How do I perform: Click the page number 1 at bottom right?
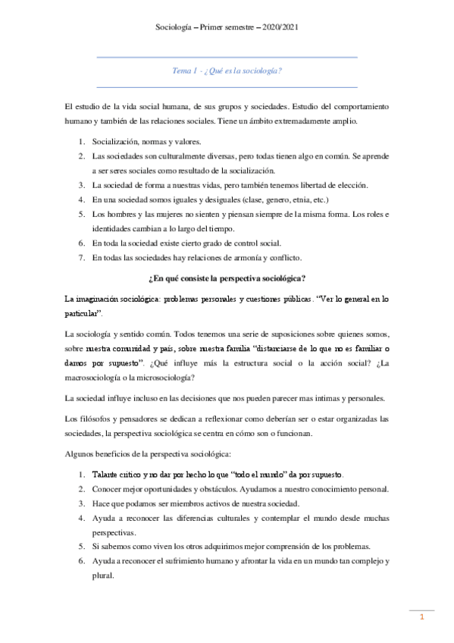click(423, 618)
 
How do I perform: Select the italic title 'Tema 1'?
click(183, 71)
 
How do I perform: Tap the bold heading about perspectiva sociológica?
click(227, 279)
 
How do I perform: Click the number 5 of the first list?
click(82, 215)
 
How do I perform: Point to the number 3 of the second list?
click(82, 503)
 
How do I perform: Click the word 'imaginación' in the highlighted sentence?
click(98, 300)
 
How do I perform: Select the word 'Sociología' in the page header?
click(174, 27)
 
